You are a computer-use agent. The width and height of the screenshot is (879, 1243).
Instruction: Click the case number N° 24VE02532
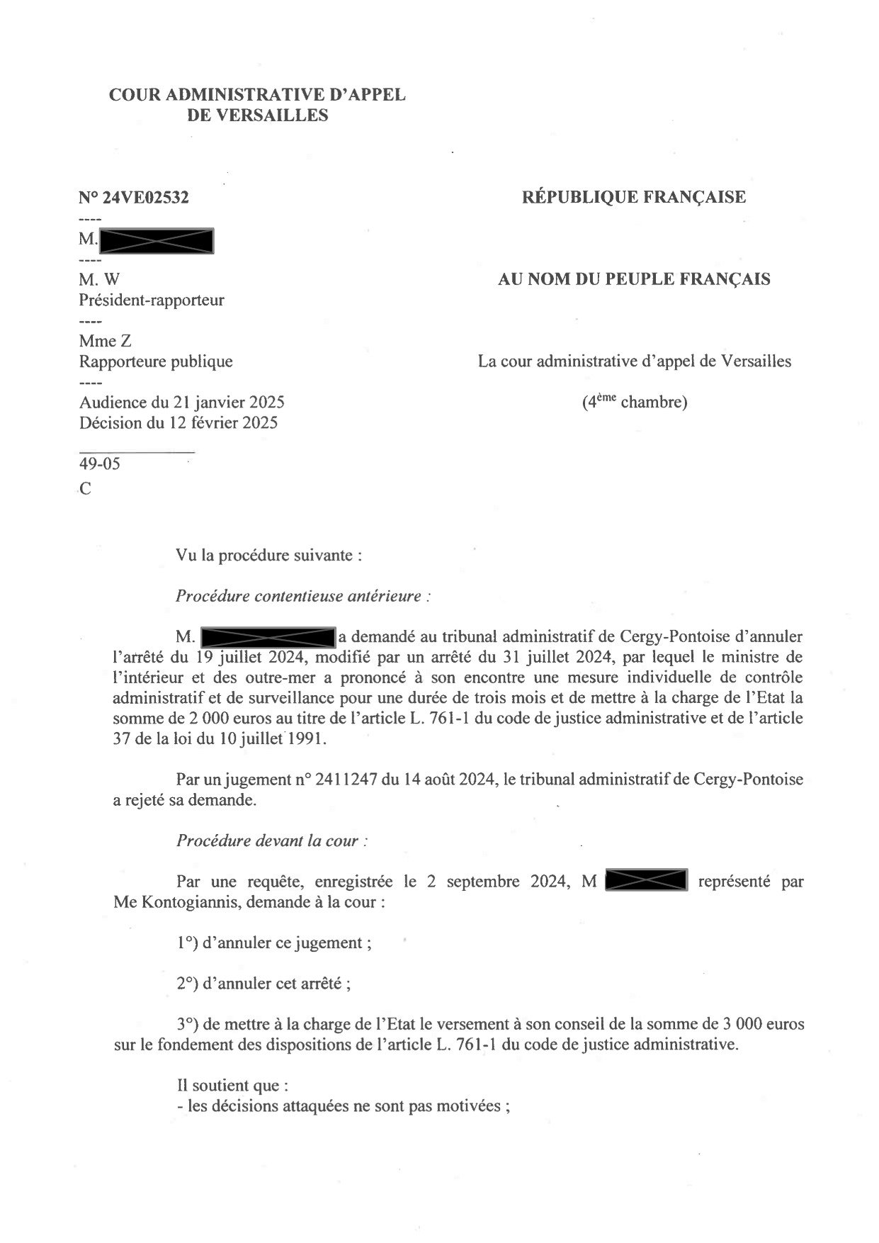134,198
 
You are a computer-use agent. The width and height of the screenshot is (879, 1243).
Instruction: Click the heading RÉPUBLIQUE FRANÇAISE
633,196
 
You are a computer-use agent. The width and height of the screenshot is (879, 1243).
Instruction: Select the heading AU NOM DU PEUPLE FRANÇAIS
633,279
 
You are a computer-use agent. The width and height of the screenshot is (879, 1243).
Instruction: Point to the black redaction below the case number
157,241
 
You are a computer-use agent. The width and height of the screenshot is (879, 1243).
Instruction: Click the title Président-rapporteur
152,300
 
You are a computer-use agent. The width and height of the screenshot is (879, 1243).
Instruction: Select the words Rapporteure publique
156,361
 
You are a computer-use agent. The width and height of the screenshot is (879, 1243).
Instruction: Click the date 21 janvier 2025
229,403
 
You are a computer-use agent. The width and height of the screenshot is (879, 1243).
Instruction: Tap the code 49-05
100,464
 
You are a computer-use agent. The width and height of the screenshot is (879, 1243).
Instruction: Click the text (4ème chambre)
634,402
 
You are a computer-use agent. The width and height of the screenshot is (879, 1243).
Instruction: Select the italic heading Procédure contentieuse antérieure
302,596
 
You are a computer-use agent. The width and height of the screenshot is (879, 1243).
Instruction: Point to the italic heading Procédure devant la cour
272,841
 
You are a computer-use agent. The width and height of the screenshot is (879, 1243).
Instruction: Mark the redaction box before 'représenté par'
647,881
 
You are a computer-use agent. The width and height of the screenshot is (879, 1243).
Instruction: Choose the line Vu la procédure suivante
269,555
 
